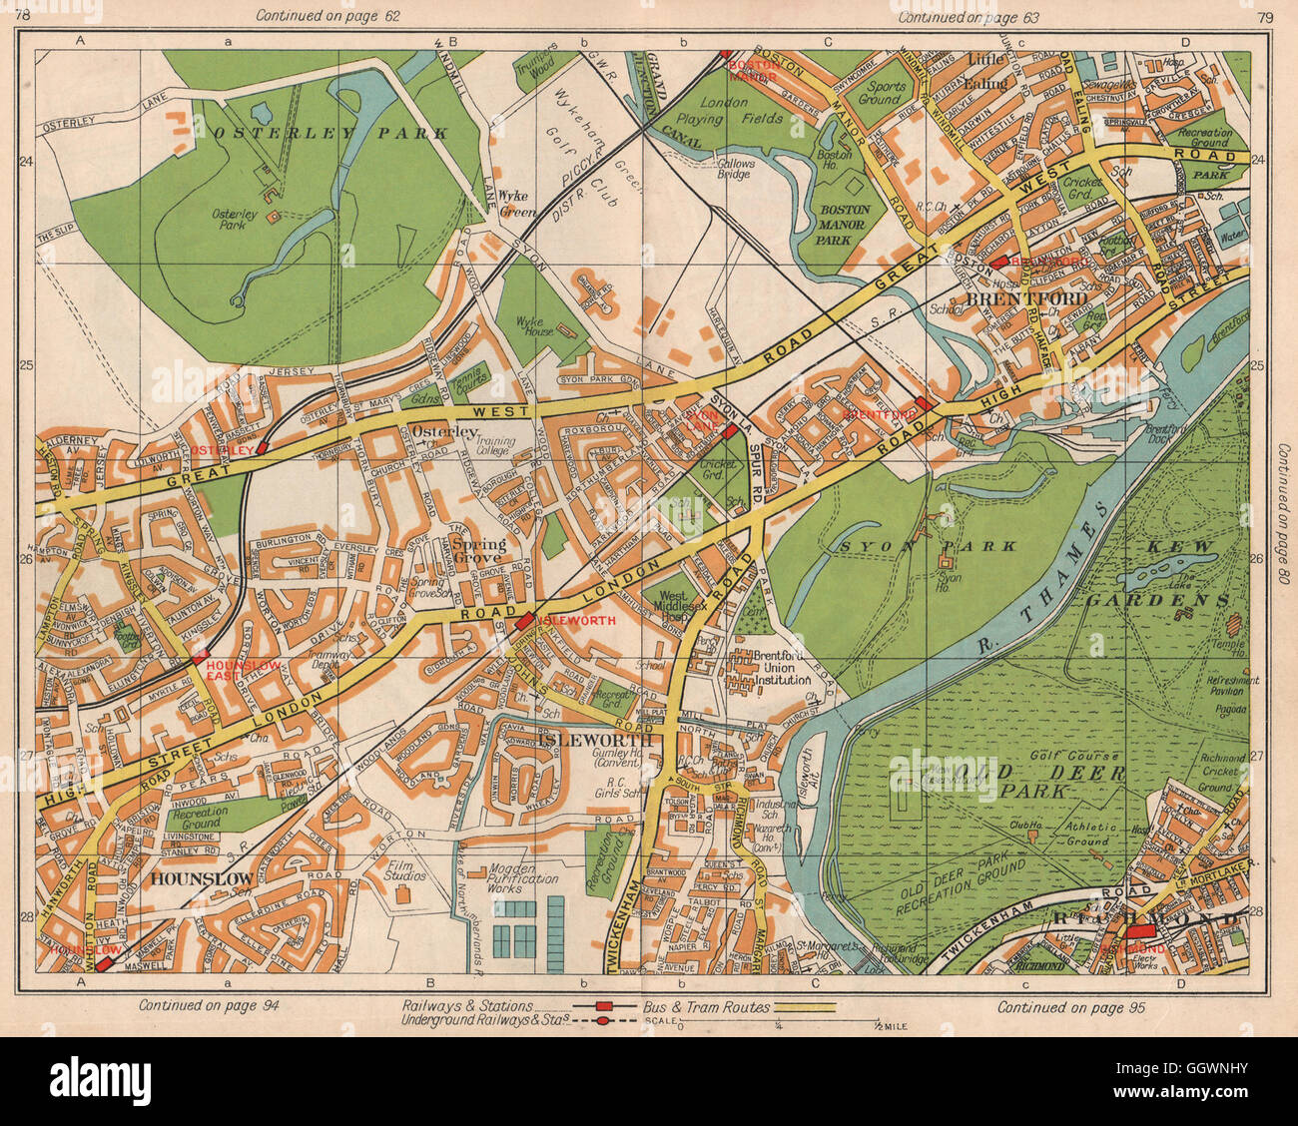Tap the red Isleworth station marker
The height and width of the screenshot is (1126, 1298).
(524, 622)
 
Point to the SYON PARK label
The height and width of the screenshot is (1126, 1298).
(929, 546)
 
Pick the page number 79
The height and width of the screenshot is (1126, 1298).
(1266, 16)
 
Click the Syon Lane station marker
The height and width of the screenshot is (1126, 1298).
(730, 430)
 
